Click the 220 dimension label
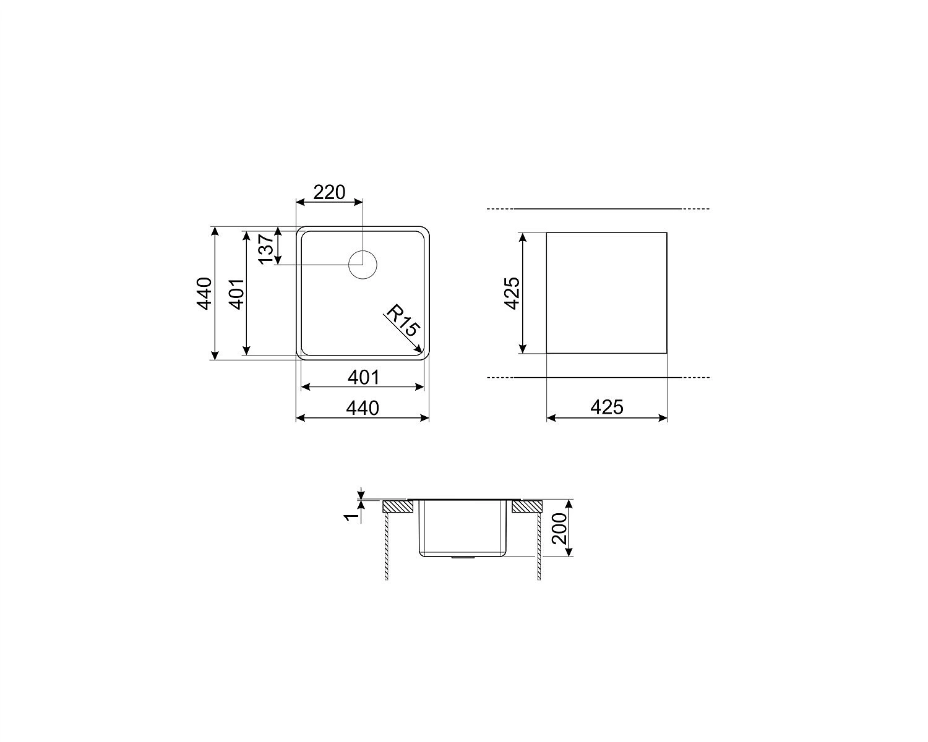coord(329,192)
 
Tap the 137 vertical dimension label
coord(267,249)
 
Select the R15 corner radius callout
coord(403,320)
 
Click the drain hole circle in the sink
coord(363,264)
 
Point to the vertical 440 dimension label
coord(204,293)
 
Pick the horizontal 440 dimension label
coord(363,408)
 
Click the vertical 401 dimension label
coord(237,294)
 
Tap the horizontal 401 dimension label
coord(363,377)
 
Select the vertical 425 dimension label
coord(512,293)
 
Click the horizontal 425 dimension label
coord(607,407)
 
